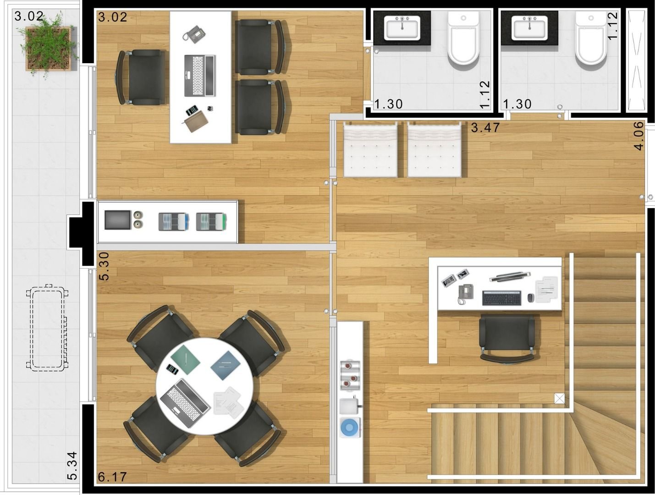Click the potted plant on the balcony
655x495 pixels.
coord(48,48)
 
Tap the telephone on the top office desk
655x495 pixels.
coord(194,34)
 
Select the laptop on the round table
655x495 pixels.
coord(185,403)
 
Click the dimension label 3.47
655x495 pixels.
coord(485,127)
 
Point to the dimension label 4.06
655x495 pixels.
coord(639,136)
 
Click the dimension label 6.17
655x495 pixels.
coord(112,477)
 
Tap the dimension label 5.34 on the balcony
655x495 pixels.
coord(72,466)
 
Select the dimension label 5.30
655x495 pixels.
coord(104,266)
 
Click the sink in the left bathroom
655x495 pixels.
coord(402,28)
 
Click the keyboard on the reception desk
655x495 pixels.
coord(501,298)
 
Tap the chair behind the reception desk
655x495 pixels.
coord(506,339)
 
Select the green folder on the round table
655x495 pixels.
coord(185,359)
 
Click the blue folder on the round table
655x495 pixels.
coord(226,365)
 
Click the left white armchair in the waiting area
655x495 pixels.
coord(370,150)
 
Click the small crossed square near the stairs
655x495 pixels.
coord(559,399)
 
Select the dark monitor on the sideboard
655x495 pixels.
coord(118,220)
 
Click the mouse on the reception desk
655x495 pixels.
coord(531,298)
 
